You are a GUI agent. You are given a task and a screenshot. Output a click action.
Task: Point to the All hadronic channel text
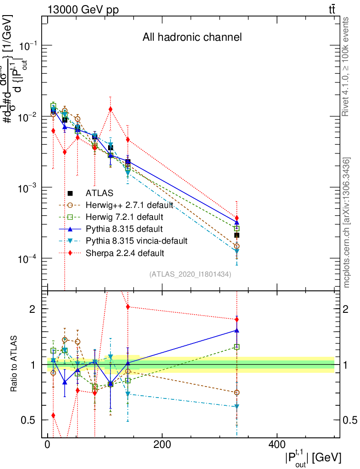pyautogui.click(x=191, y=37)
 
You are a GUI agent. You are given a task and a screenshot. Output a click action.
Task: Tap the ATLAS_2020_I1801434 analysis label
pyautogui.click(x=190, y=274)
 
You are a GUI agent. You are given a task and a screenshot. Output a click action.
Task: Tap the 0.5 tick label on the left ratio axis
pyautogui.click(x=28, y=420)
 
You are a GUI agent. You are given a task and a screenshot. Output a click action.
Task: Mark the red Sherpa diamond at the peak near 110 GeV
pyautogui.click(x=110, y=109)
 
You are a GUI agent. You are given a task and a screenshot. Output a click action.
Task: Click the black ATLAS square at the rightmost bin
pyautogui.click(x=237, y=235)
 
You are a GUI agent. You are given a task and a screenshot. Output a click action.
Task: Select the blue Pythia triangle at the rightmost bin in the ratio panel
pyautogui.click(x=237, y=330)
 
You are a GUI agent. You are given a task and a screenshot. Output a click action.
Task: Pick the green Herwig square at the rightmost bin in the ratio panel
pyautogui.click(x=237, y=347)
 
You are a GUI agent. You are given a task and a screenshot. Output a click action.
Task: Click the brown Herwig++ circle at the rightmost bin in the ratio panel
pyautogui.click(x=237, y=393)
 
